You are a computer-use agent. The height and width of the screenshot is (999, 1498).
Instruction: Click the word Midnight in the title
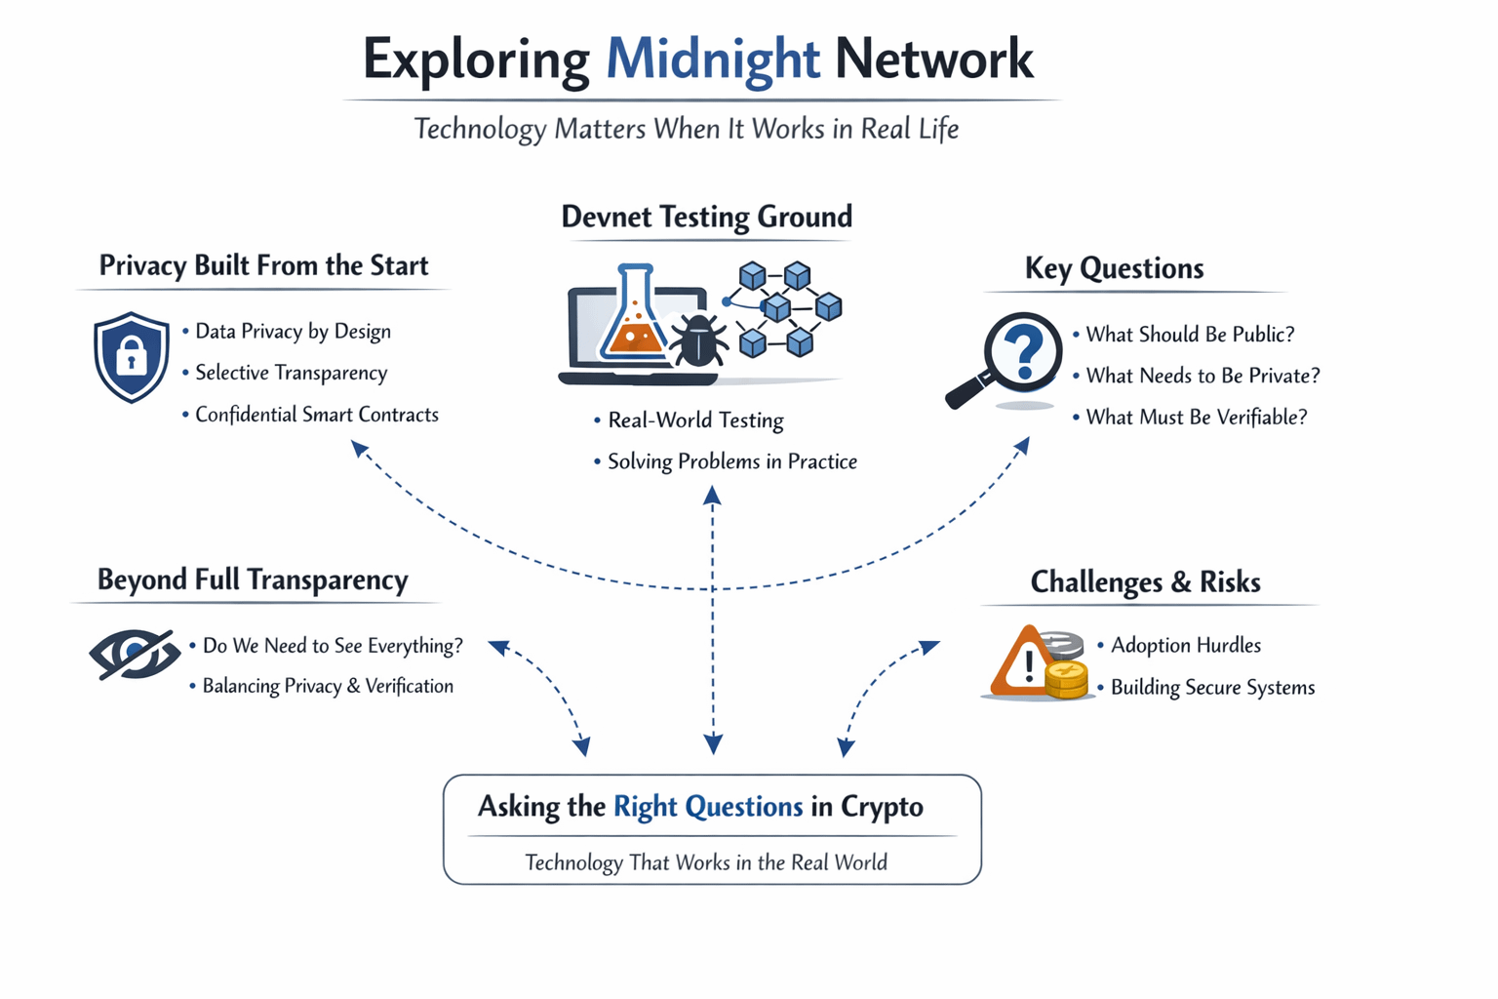(712, 59)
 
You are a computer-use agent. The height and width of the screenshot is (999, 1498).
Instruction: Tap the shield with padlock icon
(132, 357)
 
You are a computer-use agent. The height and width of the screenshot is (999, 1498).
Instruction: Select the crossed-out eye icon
(135, 654)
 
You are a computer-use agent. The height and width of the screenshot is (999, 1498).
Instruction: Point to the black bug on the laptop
(698, 340)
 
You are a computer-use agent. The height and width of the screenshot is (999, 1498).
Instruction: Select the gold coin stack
(1067, 679)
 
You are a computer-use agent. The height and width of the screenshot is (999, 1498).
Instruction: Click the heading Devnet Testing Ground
(706, 217)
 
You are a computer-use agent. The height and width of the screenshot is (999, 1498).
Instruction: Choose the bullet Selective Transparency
(291, 373)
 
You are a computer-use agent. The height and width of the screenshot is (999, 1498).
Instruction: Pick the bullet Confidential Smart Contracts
(316, 415)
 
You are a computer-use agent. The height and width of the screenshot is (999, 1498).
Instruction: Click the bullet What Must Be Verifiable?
(1196, 418)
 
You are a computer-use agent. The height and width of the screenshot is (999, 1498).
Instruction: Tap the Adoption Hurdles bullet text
(1185, 645)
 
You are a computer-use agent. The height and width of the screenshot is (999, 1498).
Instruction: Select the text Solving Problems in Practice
(731, 461)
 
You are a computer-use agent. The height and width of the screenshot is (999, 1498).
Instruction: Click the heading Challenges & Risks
(1145, 582)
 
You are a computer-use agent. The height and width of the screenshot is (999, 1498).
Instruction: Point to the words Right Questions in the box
(707, 807)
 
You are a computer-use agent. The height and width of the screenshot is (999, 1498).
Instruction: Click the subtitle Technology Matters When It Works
(686, 129)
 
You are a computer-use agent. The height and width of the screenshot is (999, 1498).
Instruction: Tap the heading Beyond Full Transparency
(253, 580)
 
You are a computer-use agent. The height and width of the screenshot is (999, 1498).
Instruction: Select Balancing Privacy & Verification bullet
(328, 686)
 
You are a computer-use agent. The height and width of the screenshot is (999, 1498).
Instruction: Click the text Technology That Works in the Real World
(706, 862)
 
